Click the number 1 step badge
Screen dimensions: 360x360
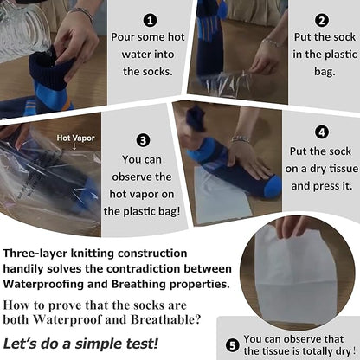150,21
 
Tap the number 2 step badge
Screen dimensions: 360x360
322,21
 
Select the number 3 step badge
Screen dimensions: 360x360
143,141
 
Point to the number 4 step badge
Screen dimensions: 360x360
322,132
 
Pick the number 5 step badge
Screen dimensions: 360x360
232,345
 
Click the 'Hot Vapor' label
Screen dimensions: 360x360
75,138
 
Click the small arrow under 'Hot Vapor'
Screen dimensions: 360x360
74,147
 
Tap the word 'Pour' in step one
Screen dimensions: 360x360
123,37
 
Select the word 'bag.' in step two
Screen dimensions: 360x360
325,72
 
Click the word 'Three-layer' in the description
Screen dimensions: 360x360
35,254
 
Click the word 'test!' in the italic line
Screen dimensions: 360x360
142,344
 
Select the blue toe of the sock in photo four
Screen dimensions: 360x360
273,186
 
